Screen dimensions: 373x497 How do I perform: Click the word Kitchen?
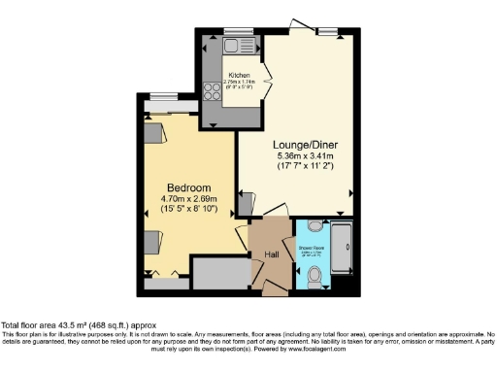(240, 75)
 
